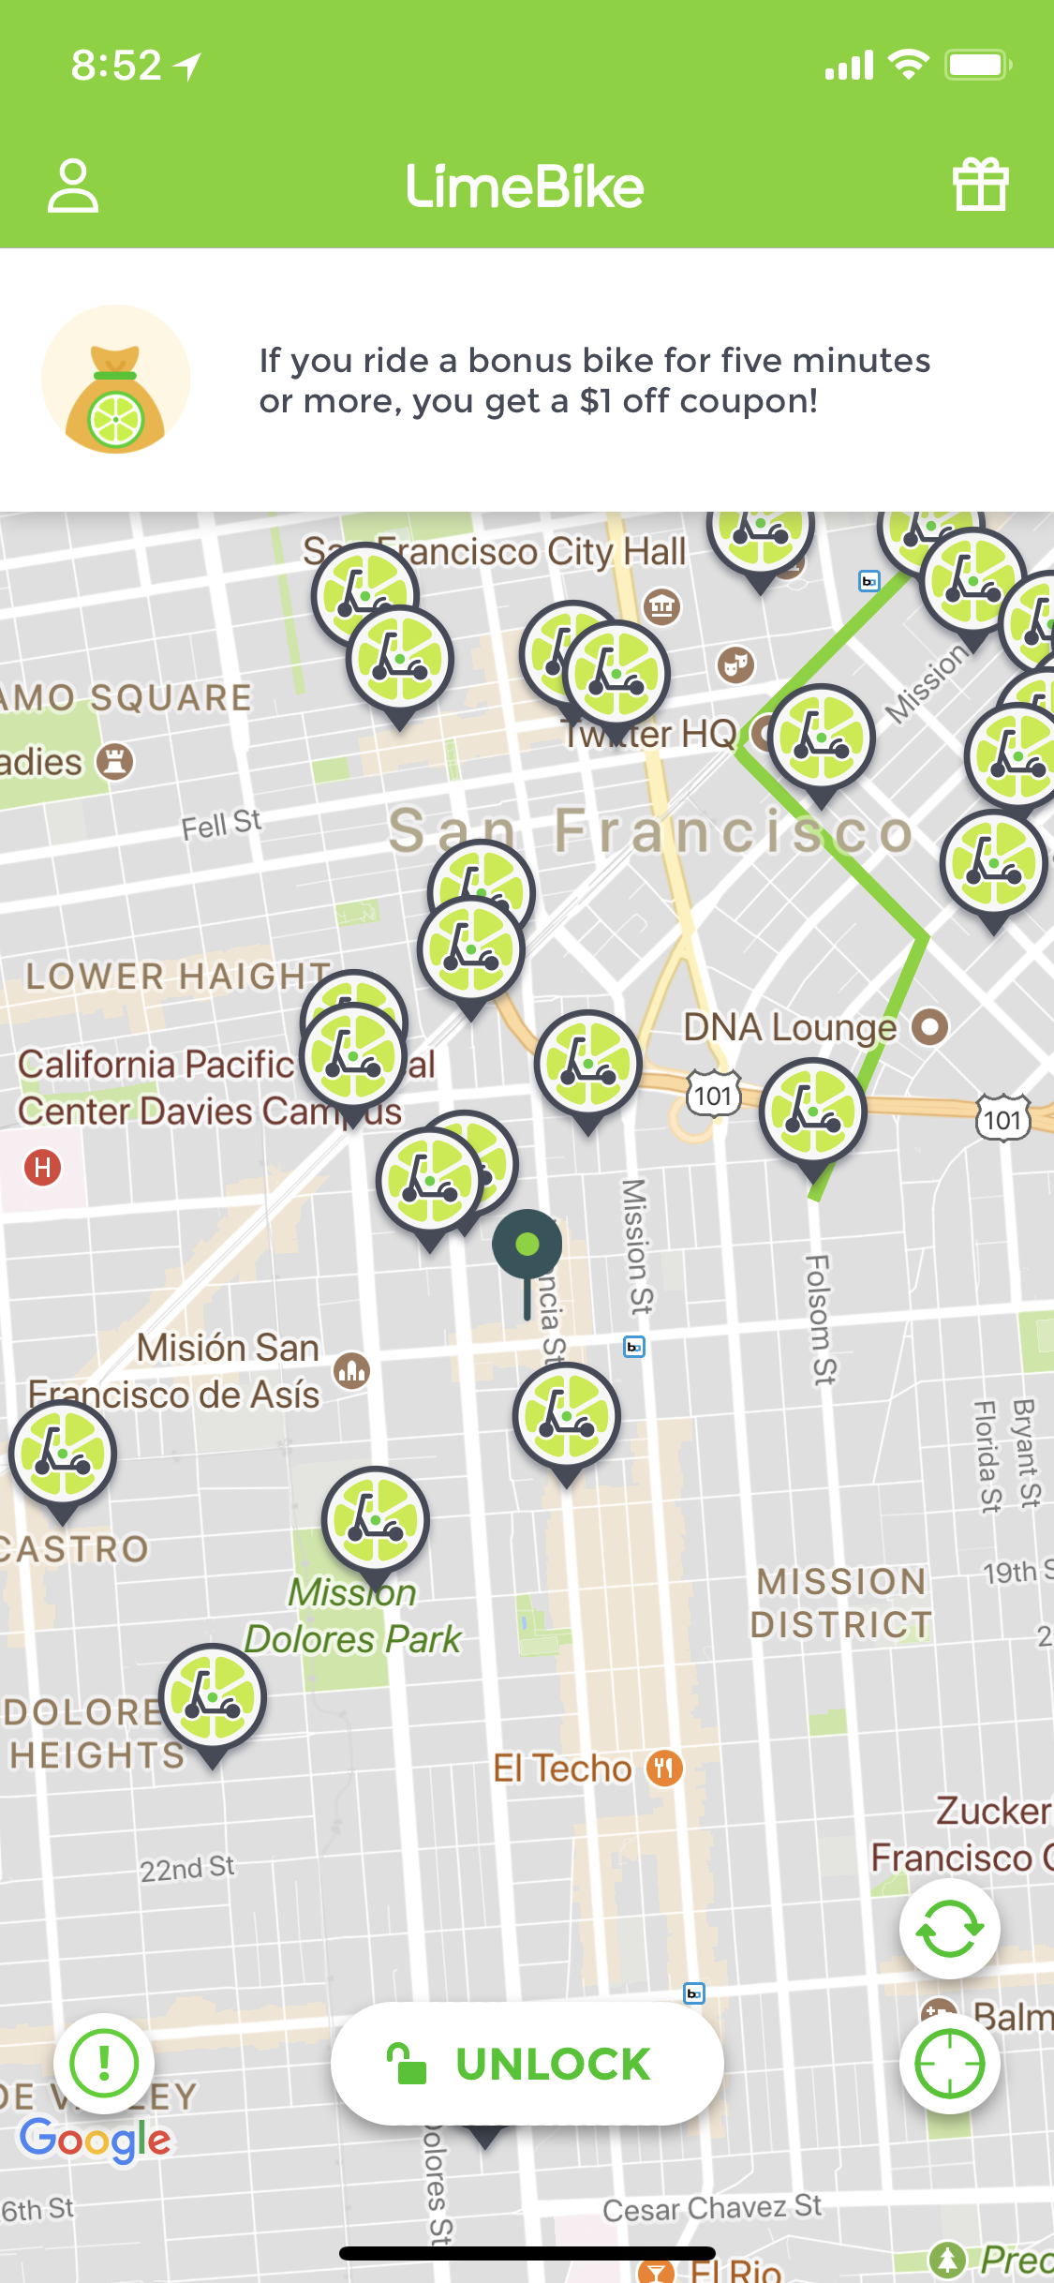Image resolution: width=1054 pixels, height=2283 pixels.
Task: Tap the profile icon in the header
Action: (x=73, y=186)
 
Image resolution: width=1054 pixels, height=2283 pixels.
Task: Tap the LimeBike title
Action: (x=525, y=187)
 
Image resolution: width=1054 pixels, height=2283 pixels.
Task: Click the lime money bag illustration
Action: (x=115, y=380)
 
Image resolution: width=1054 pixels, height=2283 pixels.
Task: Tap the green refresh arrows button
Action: (x=949, y=1928)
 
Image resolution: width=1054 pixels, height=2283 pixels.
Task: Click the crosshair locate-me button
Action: (x=949, y=2063)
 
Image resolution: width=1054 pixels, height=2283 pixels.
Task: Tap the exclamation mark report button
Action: (x=104, y=2063)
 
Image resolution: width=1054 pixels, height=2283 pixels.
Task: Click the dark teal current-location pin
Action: (x=527, y=1246)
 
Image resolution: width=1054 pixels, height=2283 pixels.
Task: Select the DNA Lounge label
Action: (x=790, y=1027)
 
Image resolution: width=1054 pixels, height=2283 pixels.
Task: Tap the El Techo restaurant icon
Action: (x=664, y=1768)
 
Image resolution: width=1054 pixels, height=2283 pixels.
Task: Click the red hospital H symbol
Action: (x=42, y=1168)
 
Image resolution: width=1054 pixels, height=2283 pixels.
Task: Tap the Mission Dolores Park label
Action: (x=353, y=1616)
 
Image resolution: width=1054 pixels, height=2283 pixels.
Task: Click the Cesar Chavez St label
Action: (x=712, y=2208)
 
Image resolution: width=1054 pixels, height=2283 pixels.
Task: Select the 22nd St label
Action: (x=187, y=1869)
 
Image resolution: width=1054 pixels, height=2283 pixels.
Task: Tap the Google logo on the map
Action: (x=96, y=2140)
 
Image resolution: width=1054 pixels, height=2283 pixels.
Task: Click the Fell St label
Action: (x=221, y=825)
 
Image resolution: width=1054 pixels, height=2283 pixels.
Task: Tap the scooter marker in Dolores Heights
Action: (x=213, y=1698)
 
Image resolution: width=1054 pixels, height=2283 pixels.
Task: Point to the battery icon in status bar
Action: (x=978, y=65)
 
